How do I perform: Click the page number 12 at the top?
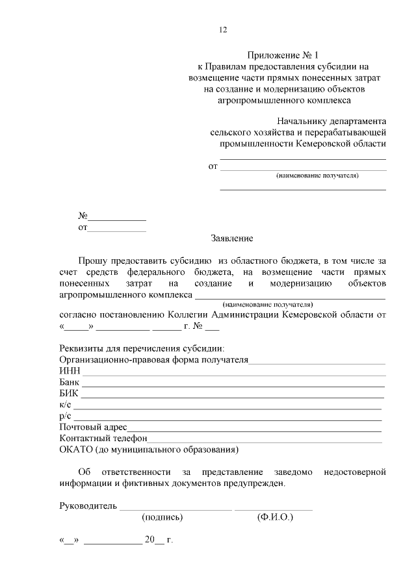(x=223, y=29)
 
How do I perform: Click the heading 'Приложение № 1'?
(x=283, y=55)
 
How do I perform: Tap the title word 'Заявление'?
(x=232, y=238)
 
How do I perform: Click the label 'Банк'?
(x=69, y=383)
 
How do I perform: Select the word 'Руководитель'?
(x=88, y=506)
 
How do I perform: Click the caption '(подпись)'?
(x=162, y=518)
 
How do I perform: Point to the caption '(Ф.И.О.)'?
(x=275, y=518)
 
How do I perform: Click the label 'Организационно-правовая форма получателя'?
(x=154, y=361)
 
